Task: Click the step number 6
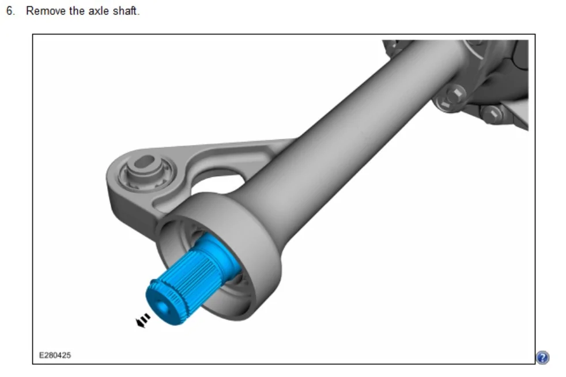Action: tap(10, 11)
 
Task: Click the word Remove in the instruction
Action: tap(46, 11)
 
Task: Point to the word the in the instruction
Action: tap(77, 11)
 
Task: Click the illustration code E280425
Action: tap(55, 355)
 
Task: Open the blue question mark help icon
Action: tap(542, 357)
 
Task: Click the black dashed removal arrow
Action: tap(142, 321)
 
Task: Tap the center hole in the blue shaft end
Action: tap(162, 307)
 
